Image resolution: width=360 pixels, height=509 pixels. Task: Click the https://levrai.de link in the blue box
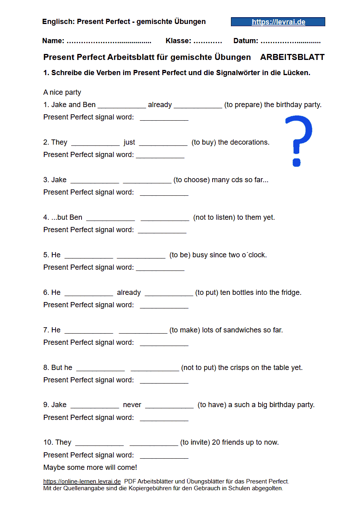click(x=278, y=22)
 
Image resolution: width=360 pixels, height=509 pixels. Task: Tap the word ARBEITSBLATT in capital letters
click(x=292, y=57)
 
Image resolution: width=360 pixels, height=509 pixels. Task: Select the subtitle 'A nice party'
click(x=62, y=92)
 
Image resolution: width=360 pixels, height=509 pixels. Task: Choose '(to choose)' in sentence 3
click(x=191, y=180)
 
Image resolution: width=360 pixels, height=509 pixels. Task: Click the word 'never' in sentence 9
click(x=132, y=405)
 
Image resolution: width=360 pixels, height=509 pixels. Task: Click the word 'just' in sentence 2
click(x=129, y=142)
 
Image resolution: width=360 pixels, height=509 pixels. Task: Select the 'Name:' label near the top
click(x=53, y=41)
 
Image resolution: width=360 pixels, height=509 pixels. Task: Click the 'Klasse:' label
click(x=178, y=41)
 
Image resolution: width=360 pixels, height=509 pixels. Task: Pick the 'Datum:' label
click(x=246, y=41)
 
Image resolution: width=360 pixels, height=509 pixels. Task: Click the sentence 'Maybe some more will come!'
click(x=90, y=467)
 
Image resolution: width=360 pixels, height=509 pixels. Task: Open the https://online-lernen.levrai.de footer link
click(x=82, y=481)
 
